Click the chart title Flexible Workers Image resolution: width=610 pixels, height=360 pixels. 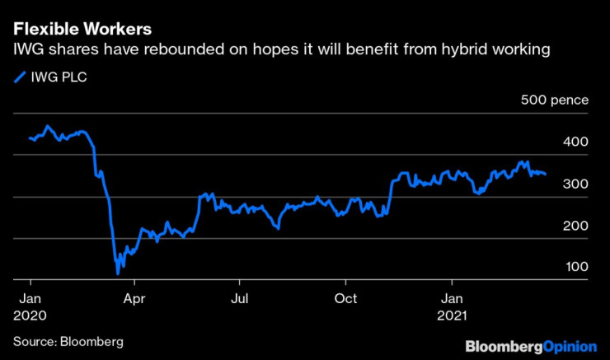[x=82, y=30]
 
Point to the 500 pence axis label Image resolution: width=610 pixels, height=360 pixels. [x=554, y=101]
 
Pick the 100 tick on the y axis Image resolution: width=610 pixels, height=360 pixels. [x=576, y=268]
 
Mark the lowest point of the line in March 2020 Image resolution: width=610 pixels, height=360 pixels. [x=118, y=273]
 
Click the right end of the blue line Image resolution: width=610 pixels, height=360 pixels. [x=545, y=174]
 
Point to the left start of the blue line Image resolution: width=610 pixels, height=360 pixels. [x=29, y=138]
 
